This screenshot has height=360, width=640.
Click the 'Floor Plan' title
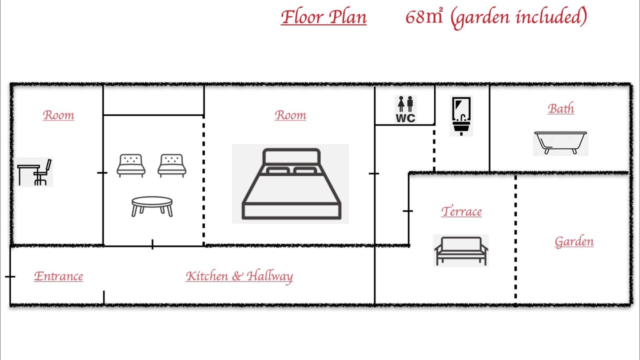(323, 17)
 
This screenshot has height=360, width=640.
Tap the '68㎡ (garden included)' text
(496, 17)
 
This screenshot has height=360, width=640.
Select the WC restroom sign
(405, 109)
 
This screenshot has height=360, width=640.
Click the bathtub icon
(560, 143)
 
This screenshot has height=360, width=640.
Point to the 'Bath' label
(561, 108)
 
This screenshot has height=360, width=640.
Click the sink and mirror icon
(461, 115)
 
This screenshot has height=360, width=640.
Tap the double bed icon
(291, 183)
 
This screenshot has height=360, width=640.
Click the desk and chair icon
(34, 172)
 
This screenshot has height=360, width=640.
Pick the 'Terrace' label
(461, 211)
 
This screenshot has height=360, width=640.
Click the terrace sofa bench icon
(461, 251)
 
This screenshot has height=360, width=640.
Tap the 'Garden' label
(574, 241)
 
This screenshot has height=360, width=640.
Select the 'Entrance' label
(58, 276)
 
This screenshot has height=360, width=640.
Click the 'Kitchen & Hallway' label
(239, 276)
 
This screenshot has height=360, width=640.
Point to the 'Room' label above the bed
(290, 115)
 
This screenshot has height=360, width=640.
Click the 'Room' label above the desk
(58, 115)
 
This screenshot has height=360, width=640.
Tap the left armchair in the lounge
(131, 165)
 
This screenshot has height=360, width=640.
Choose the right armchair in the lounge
(172, 165)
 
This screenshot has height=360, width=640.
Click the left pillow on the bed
(278, 170)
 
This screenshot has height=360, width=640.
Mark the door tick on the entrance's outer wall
(10, 276)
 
